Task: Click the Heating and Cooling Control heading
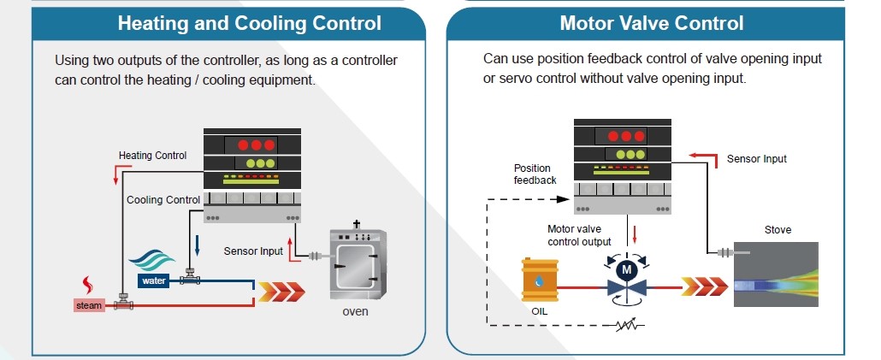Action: pyautogui.click(x=250, y=24)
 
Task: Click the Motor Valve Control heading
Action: pyautogui.click(x=652, y=24)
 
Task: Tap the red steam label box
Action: pyautogui.click(x=89, y=305)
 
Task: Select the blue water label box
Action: pyautogui.click(x=153, y=280)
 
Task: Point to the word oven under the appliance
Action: pyautogui.click(x=355, y=311)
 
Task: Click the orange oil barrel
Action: pyautogui.click(x=540, y=279)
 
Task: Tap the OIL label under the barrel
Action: pyautogui.click(x=539, y=310)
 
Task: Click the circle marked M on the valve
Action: pyautogui.click(x=626, y=270)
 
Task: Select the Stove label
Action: pyautogui.click(x=778, y=230)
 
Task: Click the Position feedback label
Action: pyautogui.click(x=535, y=174)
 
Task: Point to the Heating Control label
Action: pyautogui.click(x=152, y=156)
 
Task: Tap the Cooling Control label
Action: pyautogui.click(x=163, y=200)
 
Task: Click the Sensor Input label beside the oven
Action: pyautogui.click(x=253, y=251)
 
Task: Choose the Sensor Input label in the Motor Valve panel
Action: pyautogui.click(x=756, y=159)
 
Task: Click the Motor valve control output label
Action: pyautogui.click(x=579, y=236)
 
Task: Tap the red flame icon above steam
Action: pyautogui.click(x=87, y=285)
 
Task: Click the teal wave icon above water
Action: pyautogui.click(x=151, y=261)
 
